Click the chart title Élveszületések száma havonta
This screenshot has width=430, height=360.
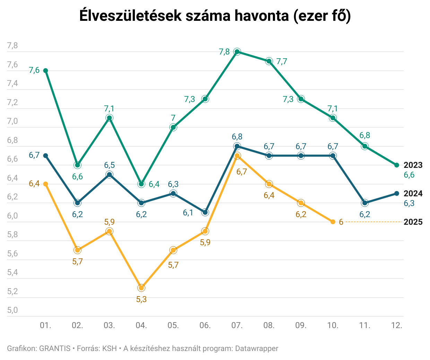[x=215, y=16]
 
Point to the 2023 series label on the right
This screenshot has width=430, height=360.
[x=413, y=165]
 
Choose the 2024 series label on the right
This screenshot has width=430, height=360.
[x=413, y=194]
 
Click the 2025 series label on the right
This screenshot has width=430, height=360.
[x=413, y=222]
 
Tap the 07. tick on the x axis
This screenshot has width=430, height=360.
[x=237, y=326]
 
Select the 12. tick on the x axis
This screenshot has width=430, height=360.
[x=397, y=326]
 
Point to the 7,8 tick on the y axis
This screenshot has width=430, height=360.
[x=12, y=46]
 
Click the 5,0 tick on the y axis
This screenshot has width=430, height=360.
[x=12, y=310]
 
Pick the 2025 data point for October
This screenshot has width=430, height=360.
[x=333, y=222]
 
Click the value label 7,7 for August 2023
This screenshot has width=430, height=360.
[x=282, y=62]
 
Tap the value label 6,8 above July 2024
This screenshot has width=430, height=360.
[x=237, y=137]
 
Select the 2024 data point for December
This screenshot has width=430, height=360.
[x=397, y=194]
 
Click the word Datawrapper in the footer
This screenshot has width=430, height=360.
[x=257, y=348]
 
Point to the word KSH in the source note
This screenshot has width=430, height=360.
[x=109, y=348]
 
